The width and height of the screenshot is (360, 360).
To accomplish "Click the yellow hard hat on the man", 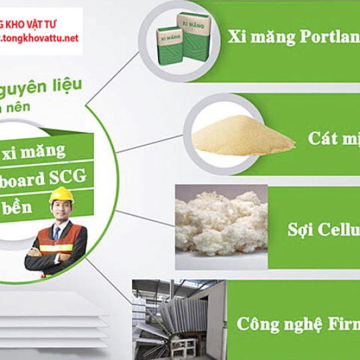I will (61, 194).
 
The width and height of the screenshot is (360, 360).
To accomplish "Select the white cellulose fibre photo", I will (221, 227).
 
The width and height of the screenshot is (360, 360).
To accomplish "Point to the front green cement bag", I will (169, 45).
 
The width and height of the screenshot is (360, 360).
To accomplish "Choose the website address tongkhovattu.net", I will (41, 38).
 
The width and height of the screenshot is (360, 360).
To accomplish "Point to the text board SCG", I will (47, 179).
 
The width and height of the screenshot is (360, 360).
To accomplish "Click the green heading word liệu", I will (67, 85).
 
